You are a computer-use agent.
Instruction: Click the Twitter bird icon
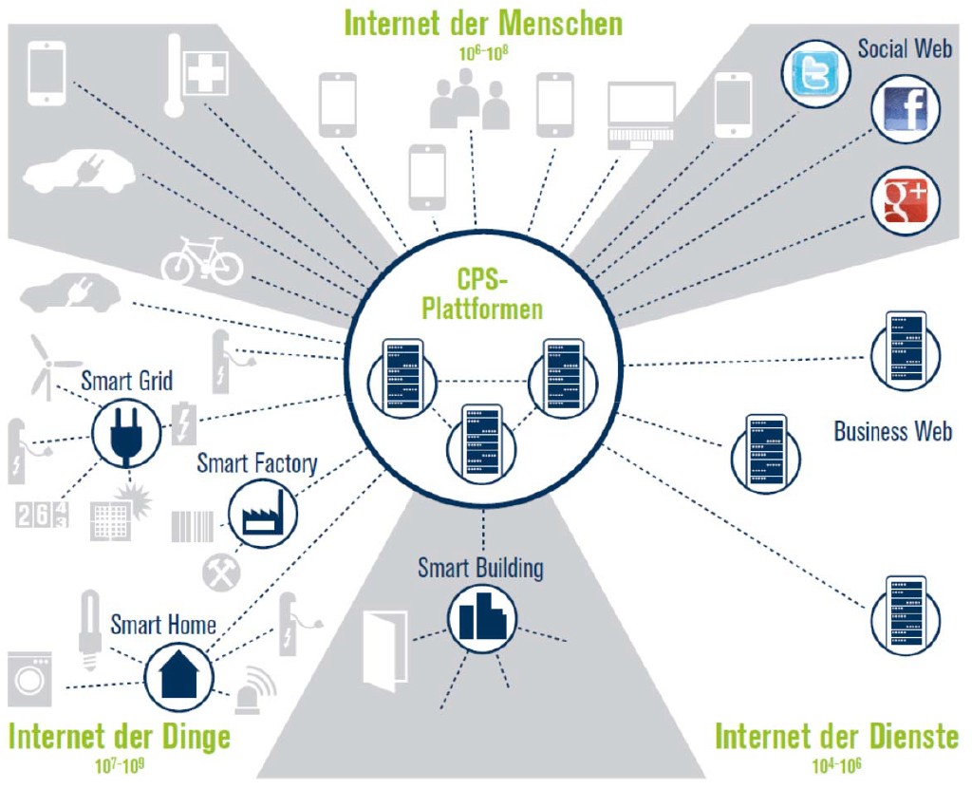pos(815,75)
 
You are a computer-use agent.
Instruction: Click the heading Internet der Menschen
pos(483,23)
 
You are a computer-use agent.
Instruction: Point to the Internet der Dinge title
pos(120,737)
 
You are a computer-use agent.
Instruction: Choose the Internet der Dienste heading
pos(836,737)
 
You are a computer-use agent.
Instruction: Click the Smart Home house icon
pos(178,676)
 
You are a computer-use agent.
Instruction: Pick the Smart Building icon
pos(481,618)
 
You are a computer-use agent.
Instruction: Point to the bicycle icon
pos(202,261)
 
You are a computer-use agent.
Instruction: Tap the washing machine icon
pos(29,680)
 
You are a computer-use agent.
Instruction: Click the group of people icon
pos(469,101)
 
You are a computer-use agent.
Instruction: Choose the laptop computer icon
pos(642,115)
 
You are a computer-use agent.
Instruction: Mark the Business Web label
pos(892,431)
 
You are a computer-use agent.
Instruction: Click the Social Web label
pos(904,48)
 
